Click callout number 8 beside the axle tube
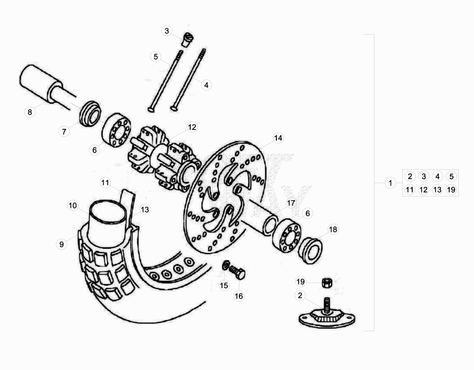click(30, 112)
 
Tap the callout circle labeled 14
click(278, 138)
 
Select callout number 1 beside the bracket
click(390, 183)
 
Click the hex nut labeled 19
click(327, 283)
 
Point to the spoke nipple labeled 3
click(187, 40)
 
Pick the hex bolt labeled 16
click(237, 271)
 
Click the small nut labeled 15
click(225, 265)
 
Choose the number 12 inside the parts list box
click(424, 190)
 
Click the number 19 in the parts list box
click(451, 190)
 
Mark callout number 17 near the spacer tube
click(291, 203)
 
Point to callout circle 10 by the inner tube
click(73, 206)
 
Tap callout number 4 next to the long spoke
click(206, 85)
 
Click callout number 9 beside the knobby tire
click(62, 244)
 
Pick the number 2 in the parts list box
click(410, 176)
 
